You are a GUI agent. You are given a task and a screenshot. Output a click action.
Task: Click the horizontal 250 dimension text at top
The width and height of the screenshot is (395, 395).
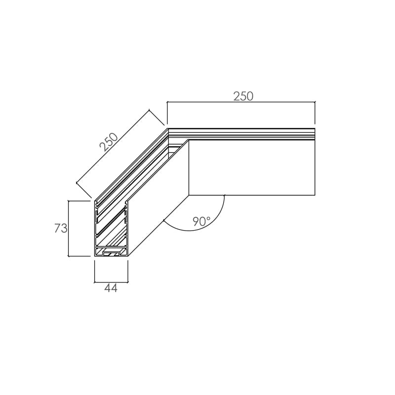point(243,96)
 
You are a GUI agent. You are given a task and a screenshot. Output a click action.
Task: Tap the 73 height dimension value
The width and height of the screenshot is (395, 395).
point(61,228)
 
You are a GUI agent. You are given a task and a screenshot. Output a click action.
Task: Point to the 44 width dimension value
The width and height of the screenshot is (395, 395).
point(111,288)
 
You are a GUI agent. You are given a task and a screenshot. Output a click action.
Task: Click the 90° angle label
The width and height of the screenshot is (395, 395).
point(201,221)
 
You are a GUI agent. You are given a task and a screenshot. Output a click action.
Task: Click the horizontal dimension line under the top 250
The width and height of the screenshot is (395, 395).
point(241,102)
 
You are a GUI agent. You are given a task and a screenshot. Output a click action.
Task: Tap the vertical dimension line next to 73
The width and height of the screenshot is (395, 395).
point(69,229)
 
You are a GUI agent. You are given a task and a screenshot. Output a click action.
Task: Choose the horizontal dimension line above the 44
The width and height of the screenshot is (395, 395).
point(111,282)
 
